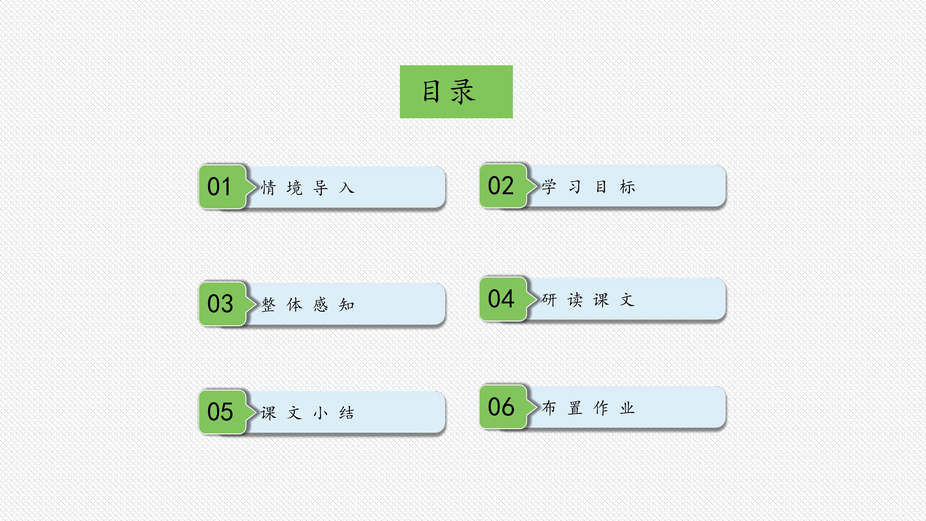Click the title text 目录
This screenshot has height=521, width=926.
449,92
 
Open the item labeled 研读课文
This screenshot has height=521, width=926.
588,300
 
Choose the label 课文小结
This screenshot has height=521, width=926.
308,413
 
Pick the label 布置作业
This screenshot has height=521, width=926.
588,408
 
